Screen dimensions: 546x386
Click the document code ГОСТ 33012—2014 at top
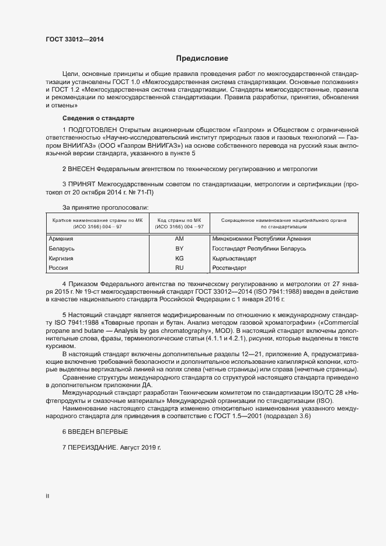tap(76, 40)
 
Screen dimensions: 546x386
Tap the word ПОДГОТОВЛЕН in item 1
tap(93, 128)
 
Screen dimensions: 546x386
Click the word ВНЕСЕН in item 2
tap(84, 169)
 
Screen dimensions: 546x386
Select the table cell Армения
tap(61, 239)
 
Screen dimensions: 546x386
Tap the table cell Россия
tap(59, 268)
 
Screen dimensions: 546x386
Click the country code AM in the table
tap(179, 239)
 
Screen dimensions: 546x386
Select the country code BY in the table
tap(179, 249)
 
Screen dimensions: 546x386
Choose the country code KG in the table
tap(179, 258)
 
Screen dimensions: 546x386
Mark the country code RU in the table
tap(179, 268)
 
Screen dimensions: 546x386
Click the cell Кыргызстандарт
tap(235, 258)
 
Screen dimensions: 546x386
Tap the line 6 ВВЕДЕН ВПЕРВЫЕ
tap(95, 431)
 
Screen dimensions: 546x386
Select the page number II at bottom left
tap(47, 496)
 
